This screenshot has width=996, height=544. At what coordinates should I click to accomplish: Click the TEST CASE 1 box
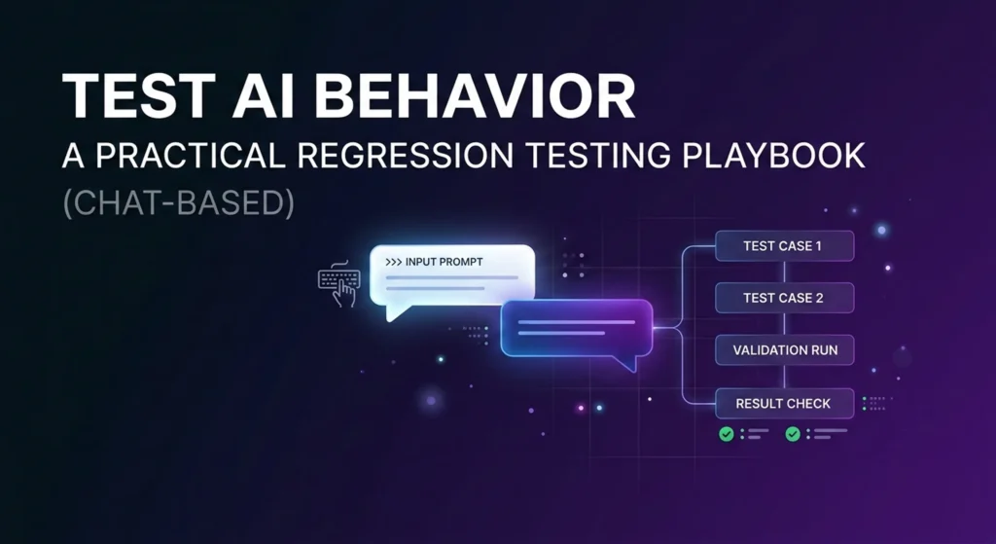784,246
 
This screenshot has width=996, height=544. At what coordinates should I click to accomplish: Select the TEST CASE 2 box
784,298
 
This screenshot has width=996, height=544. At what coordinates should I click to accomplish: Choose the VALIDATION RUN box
784,349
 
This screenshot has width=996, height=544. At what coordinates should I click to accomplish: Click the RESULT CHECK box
784,403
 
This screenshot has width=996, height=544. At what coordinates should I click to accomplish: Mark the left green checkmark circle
726,434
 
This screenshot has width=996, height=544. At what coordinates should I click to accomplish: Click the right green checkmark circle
793,434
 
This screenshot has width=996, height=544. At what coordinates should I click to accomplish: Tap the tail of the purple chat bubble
628,363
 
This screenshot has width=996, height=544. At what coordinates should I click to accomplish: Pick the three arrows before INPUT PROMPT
395,263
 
